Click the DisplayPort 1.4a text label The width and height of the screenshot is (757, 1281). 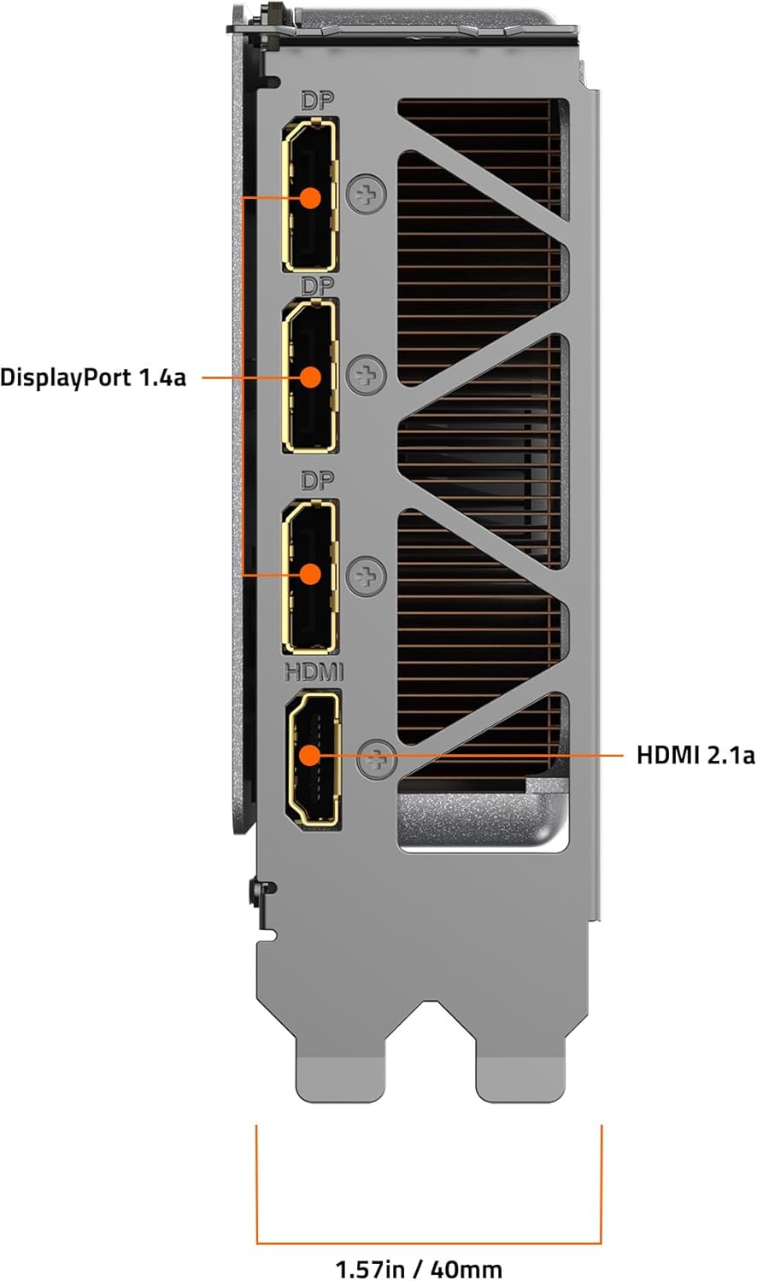click(x=93, y=378)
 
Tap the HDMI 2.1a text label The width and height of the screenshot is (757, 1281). click(x=695, y=756)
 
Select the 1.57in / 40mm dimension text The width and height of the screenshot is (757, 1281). click(x=419, y=1270)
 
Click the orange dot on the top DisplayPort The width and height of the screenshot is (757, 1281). click(x=311, y=198)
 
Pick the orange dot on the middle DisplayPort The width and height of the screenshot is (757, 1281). click(x=311, y=377)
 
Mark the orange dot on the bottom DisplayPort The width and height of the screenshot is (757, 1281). click(x=311, y=574)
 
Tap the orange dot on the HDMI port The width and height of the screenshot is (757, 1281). click(x=309, y=756)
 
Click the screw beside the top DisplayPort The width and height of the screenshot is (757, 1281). click(x=367, y=195)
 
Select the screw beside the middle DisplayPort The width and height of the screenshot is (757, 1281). click(x=367, y=375)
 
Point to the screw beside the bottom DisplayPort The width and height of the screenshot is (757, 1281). click(x=367, y=576)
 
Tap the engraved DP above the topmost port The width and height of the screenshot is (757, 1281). click(x=318, y=102)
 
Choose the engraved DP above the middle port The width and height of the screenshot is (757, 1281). click(x=318, y=285)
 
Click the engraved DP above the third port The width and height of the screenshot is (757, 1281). click(x=318, y=481)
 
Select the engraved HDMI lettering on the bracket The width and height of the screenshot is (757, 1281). click(x=314, y=672)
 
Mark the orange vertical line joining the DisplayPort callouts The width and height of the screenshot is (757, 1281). click(x=244, y=386)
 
